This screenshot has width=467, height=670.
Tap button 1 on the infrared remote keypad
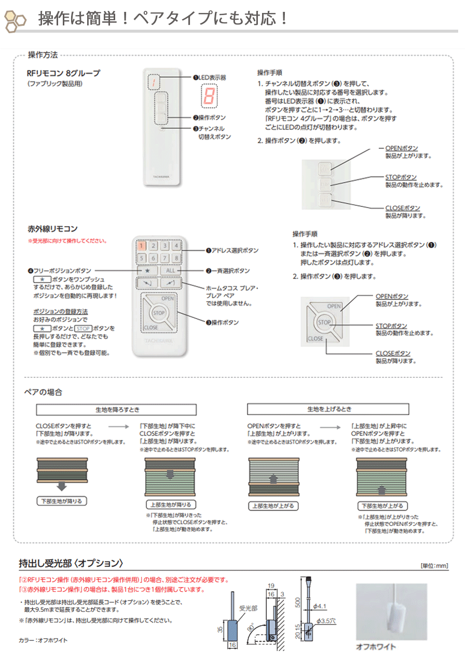142,247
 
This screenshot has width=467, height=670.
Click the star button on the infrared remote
147,270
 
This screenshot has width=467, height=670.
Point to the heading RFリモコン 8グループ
63,73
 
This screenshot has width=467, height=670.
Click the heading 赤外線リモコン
52,228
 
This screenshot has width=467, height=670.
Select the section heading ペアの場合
44,392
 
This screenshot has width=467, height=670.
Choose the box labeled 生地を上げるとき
329,409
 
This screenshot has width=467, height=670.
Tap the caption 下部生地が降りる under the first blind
62,501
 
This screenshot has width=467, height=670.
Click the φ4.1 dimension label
320,606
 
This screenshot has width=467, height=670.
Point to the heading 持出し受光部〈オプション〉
71,563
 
